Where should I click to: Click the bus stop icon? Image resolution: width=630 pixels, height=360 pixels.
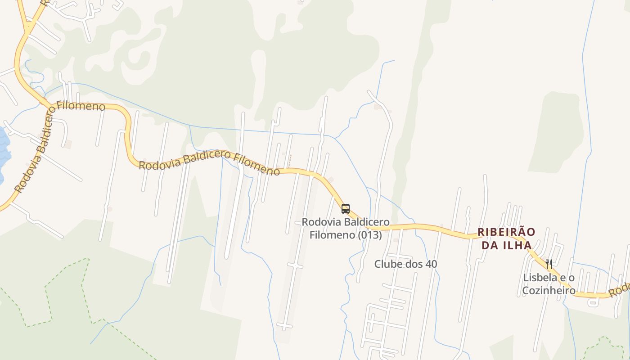tap(345, 209)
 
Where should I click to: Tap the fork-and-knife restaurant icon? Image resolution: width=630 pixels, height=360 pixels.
tap(549, 264)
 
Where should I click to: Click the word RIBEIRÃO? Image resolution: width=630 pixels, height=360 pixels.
tap(506, 232)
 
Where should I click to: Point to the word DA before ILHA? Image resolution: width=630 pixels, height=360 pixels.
tap(490, 246)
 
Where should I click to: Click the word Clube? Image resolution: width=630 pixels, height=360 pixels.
tap(387, 264)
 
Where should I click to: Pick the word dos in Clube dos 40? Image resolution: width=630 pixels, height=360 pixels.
tap(414, 264)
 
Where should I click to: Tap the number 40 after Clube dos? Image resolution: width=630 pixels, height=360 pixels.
tap(431, 264)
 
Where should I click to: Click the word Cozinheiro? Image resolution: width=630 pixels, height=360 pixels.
tap(549, 291)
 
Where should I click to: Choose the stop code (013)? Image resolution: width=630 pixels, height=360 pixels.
tap(370, 235)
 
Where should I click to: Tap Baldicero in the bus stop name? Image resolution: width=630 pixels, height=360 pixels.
tap(367, 222)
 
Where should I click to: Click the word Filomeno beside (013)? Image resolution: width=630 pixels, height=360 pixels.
tap(333, 235)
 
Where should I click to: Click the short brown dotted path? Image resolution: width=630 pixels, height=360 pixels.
tap(289, 161)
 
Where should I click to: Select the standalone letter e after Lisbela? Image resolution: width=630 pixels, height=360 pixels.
tap(559, 278)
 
